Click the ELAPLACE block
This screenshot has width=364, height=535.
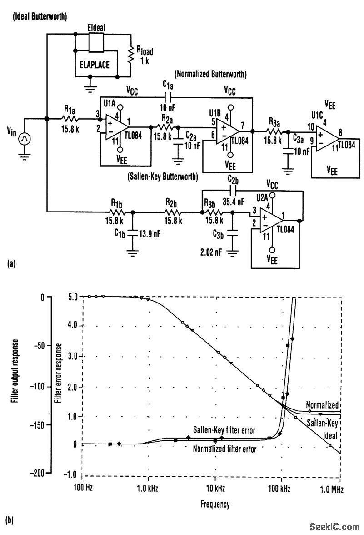[96, 65]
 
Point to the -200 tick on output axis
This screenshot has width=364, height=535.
[40, 473]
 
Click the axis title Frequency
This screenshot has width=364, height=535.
[214, 504]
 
